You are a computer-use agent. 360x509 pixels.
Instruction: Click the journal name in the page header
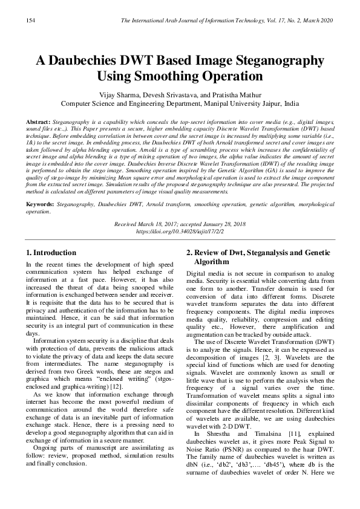tap(212, 21)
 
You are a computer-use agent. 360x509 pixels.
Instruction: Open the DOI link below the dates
tap(180, 230)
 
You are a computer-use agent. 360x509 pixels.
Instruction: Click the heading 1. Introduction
tap(51, 252)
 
